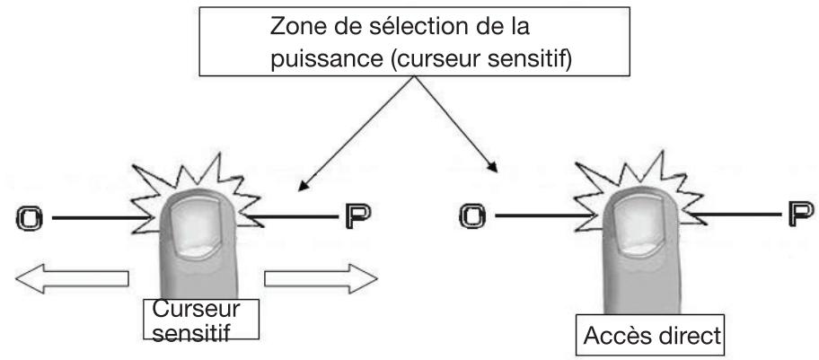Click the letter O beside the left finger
29,217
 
